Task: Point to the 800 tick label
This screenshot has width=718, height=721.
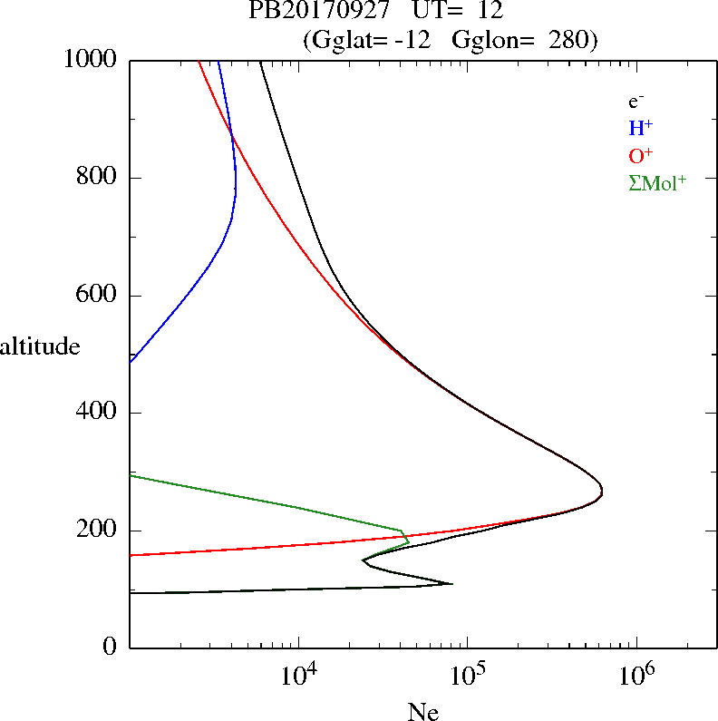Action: pyautogui.click(x=99, y=178)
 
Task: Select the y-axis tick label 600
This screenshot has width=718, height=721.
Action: pyautogui.click(x=99, y=296)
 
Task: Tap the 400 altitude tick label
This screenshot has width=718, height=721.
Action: pyautogui.click(x=99, y=413)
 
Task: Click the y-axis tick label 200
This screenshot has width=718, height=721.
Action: pyautogui.click(x=99, y=531)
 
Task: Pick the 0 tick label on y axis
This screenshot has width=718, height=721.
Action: pyautogui.click(x=111, y=648)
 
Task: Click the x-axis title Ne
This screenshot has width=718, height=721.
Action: pyautogui.click(x=422, y=712)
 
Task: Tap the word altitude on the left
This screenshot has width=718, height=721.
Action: pyautogui.click(x=39, y=346)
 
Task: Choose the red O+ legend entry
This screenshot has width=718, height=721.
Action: pyautogui.click(x=641, y=155)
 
